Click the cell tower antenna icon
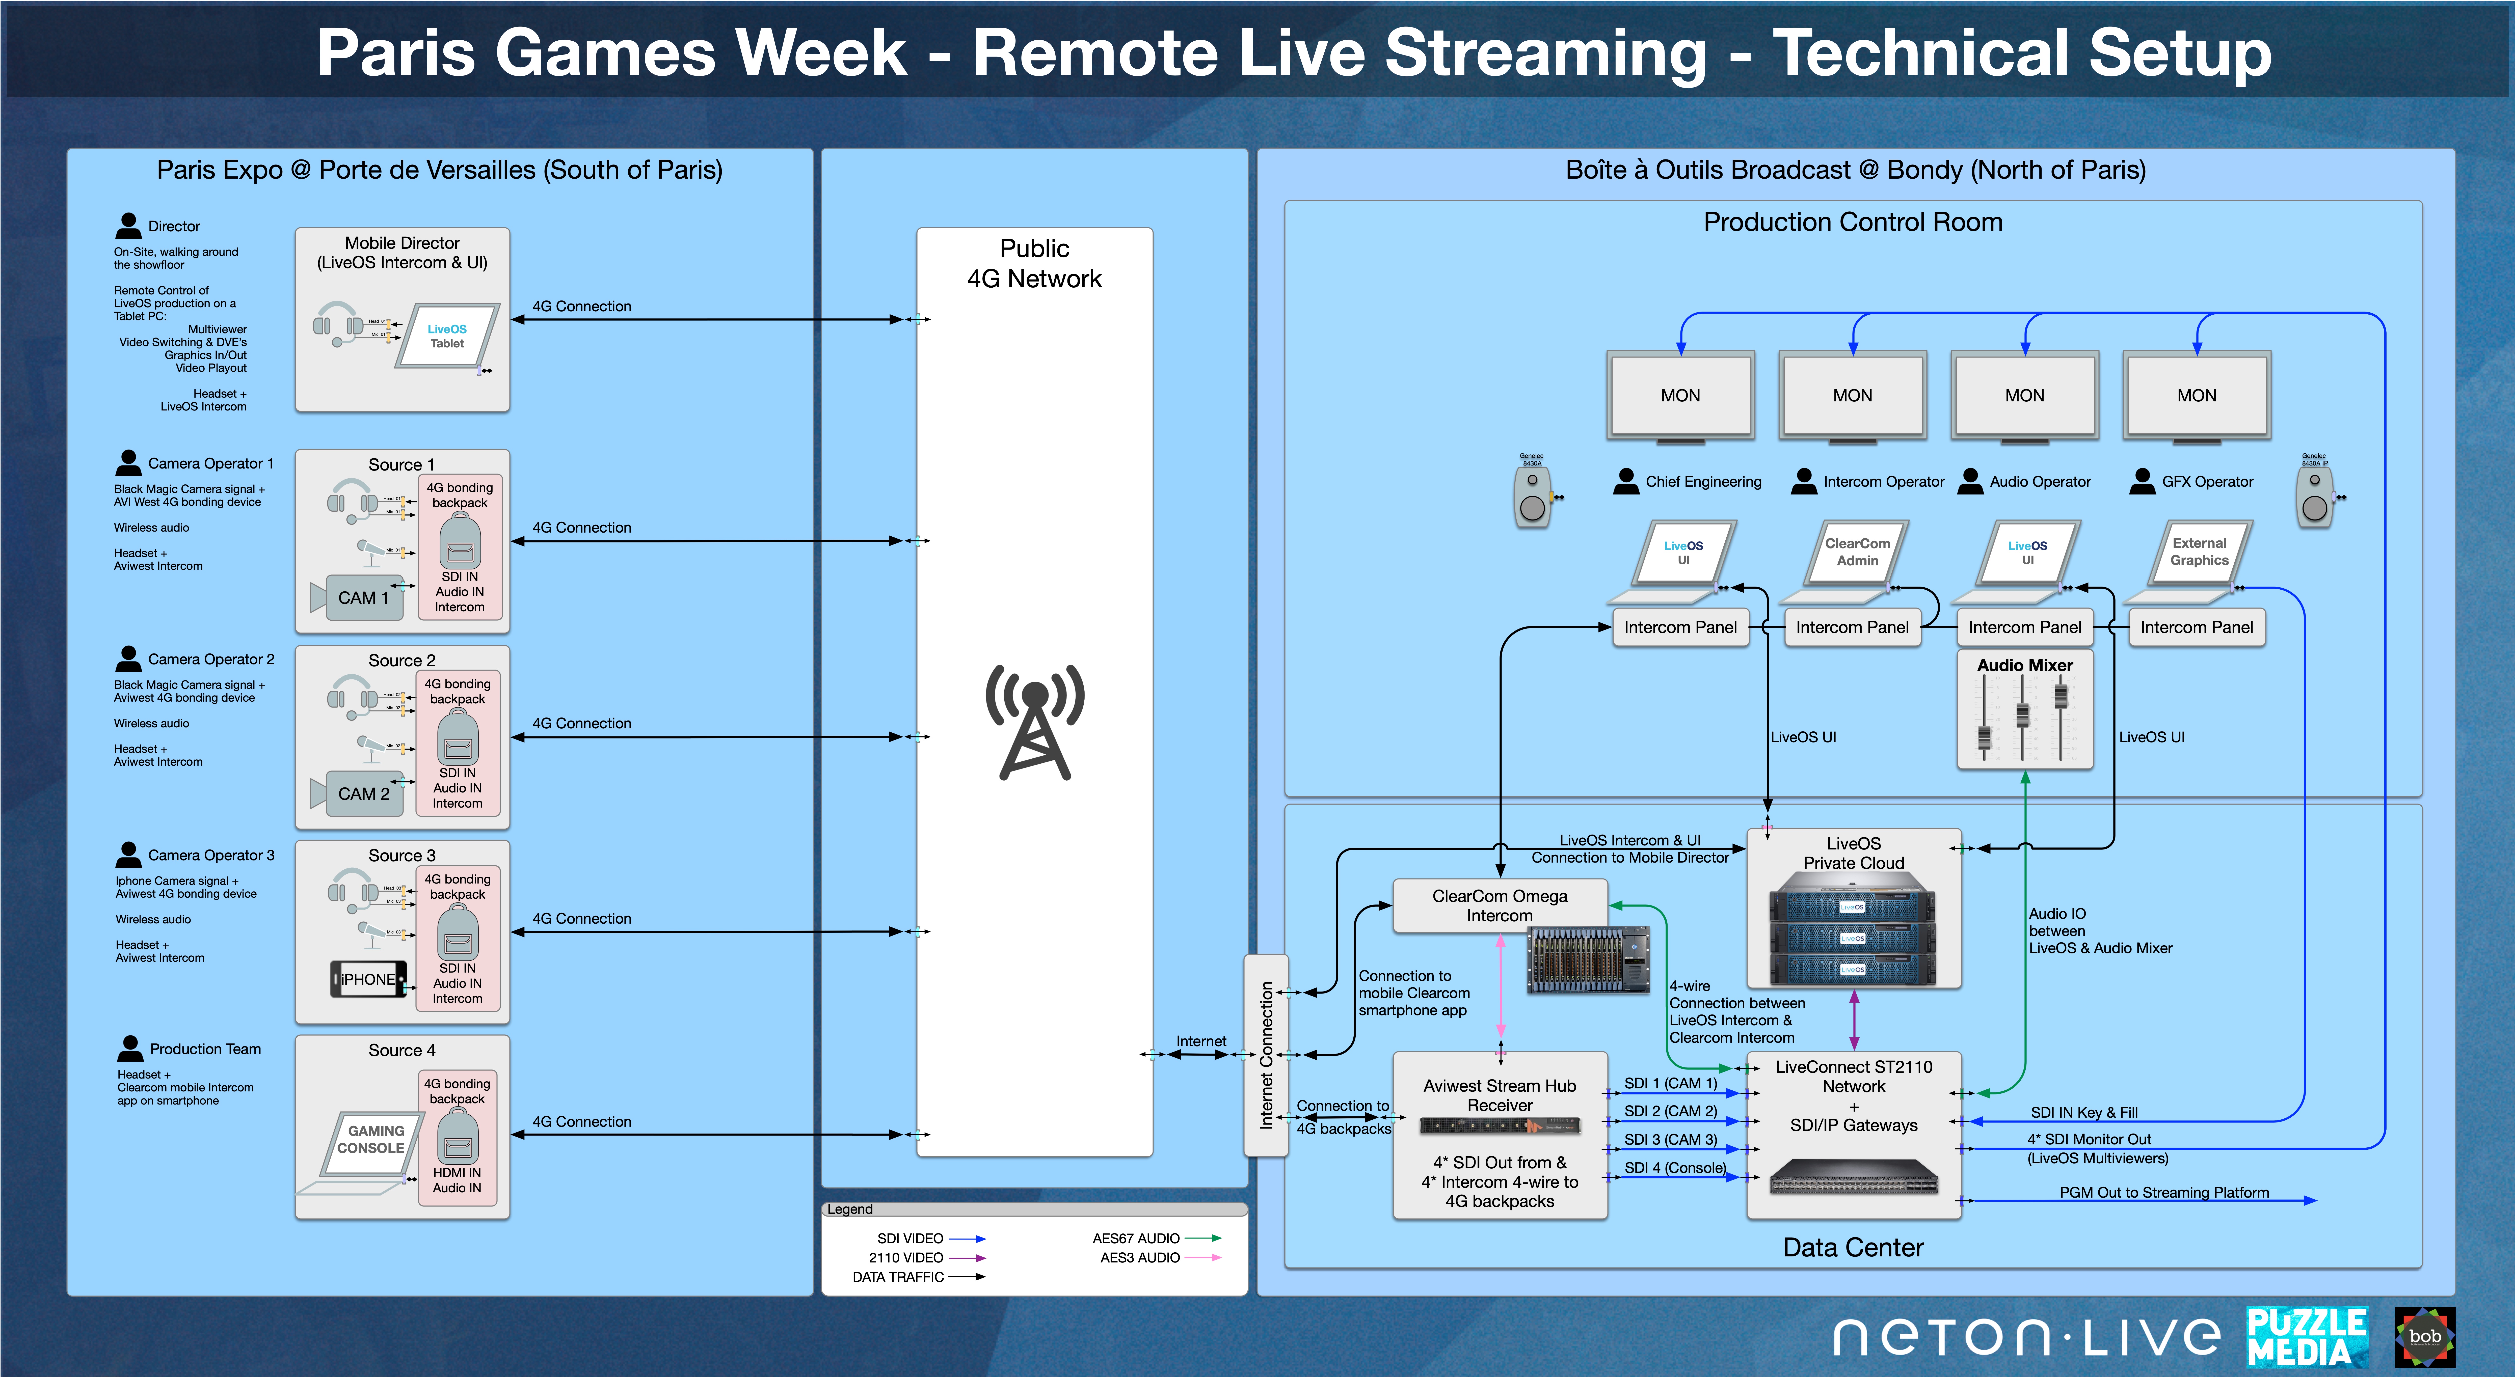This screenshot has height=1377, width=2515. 1034,722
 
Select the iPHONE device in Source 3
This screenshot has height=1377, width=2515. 368,979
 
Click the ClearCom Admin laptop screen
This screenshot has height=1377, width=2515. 1857,552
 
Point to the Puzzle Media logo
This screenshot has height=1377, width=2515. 2306,1336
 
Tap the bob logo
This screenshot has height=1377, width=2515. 2424,1336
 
